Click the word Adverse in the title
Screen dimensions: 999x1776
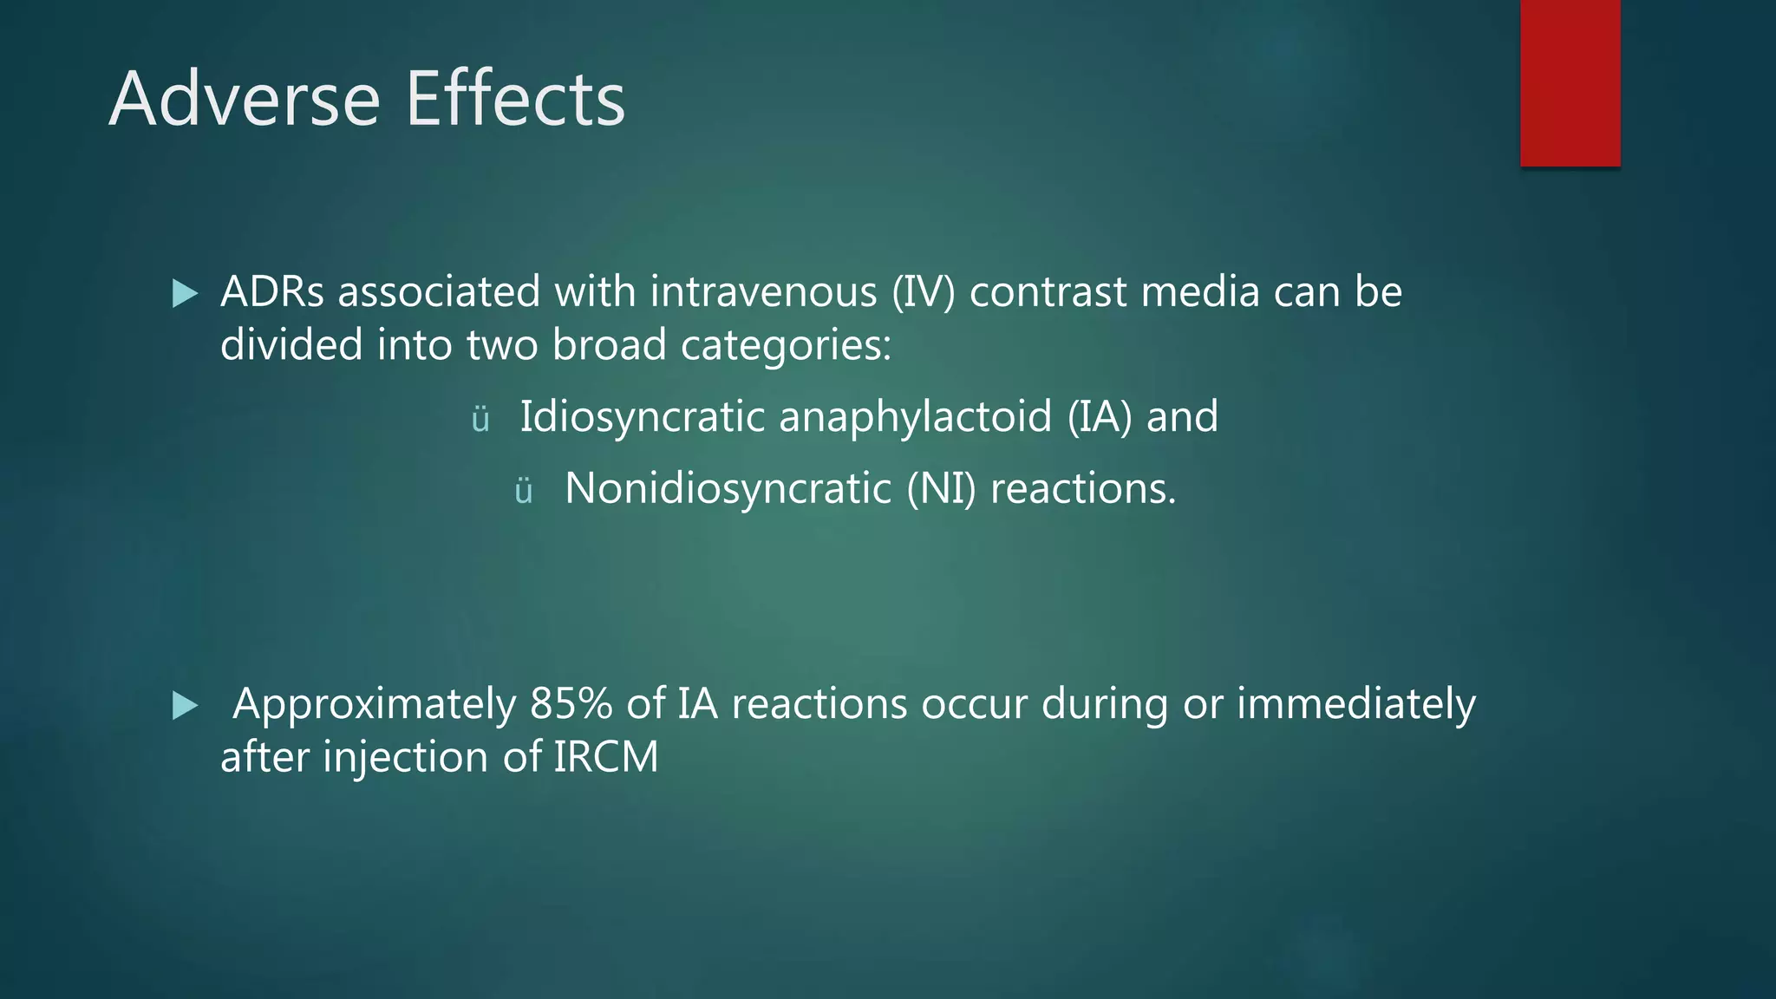(245, 99)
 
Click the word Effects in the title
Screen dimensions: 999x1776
(515, 99)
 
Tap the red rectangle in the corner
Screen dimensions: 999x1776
(1570, 83)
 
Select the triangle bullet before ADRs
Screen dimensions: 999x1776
(185, 293)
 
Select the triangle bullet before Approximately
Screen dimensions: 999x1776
(185, 705)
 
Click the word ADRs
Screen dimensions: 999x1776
(271, 291)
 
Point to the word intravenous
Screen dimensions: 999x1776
(763, 291)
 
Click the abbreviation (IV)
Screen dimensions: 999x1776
(924, 291)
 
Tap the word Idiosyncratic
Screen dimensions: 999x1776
(642, 417)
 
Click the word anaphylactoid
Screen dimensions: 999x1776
(915, 417)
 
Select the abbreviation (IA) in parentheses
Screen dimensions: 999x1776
(1100, 417)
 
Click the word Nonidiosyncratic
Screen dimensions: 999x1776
(728, 489)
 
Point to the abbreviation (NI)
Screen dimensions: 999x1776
(941, 489)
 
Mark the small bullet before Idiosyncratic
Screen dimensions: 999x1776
(480, 421)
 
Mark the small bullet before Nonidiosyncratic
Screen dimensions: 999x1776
(523, 493)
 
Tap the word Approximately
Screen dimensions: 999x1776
(375, 705)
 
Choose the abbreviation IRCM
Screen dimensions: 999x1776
(605, 757)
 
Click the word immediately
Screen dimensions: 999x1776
(1355, 705)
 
